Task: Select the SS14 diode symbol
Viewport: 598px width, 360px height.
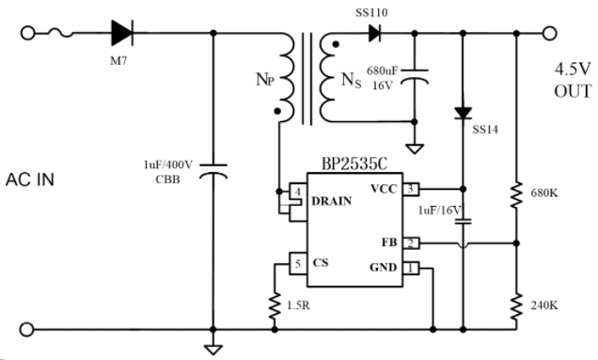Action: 462,113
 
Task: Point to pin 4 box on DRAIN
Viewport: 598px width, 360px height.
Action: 297,192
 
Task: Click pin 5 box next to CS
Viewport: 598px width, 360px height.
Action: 297,263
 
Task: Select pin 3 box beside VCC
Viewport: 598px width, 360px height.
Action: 411,188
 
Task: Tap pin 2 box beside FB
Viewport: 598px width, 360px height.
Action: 411,243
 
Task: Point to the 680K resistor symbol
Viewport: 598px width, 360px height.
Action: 517,195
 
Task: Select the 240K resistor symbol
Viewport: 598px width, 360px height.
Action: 517,306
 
